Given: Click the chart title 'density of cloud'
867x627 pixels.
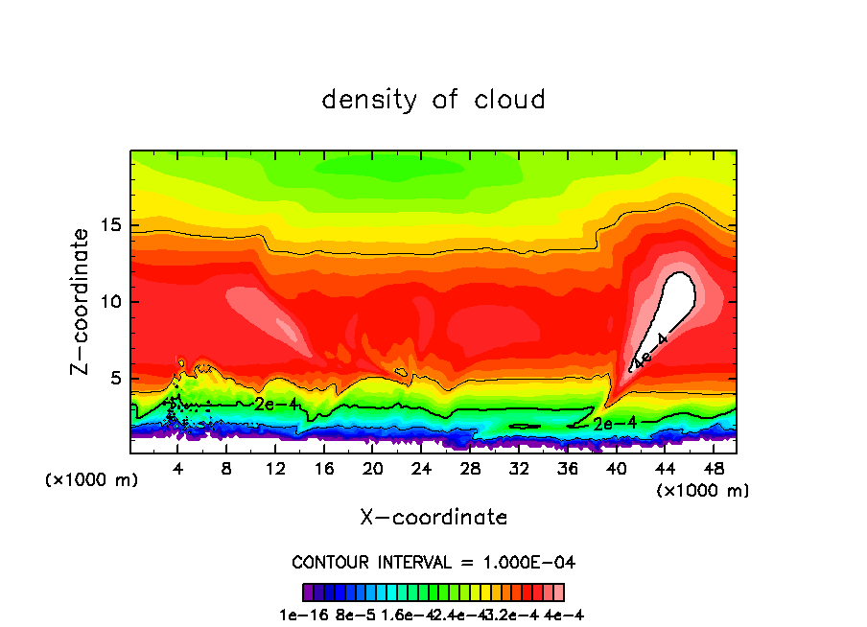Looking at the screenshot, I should pyautogui.click(x=433, y=100).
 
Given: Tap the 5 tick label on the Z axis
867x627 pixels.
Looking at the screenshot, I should pyautogui.click(x=112, y=379).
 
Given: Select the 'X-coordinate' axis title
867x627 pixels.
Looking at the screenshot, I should pyautogui.click(x=433, y=518).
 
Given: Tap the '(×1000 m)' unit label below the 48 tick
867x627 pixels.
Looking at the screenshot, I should pyautogui.click(x=702, y=491).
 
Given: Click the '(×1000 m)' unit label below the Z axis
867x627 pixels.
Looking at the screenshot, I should pyautogui.click(x=92, y=480).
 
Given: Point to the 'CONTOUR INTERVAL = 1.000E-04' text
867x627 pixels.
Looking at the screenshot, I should pyautogui.click(x=433, y=562).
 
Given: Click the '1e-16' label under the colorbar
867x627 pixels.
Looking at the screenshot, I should pyautogui.click(x=300, y=615).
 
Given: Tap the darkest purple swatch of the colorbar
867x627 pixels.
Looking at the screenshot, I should pyautogui.click(x=308, y=592).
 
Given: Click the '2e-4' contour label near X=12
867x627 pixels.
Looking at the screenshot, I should pyautogui.click(x=276, y=405).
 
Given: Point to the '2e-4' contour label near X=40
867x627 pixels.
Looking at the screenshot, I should pyautogui.click(x=613, y=423).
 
